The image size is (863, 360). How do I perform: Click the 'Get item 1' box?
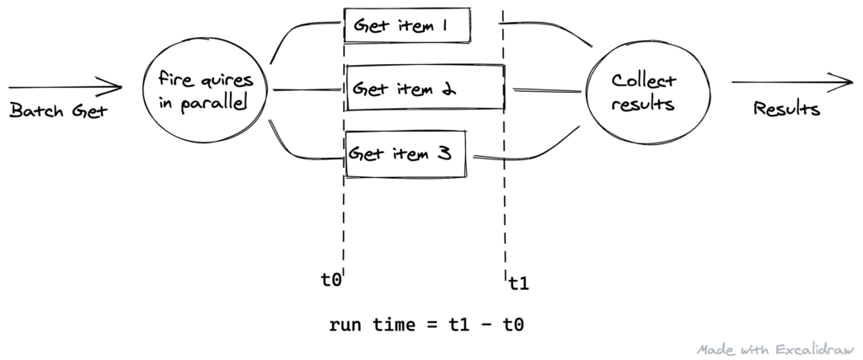point(407,25)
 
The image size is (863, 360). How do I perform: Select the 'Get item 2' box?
point(424,88)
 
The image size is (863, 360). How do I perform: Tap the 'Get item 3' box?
point(407,153)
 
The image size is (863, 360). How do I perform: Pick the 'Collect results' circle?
point(642,94)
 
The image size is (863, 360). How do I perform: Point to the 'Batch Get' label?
point(59,110)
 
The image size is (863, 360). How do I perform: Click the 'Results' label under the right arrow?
point(786,110)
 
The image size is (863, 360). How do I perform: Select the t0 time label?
point(331,278)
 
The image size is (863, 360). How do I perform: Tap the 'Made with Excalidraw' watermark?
point(775,348)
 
